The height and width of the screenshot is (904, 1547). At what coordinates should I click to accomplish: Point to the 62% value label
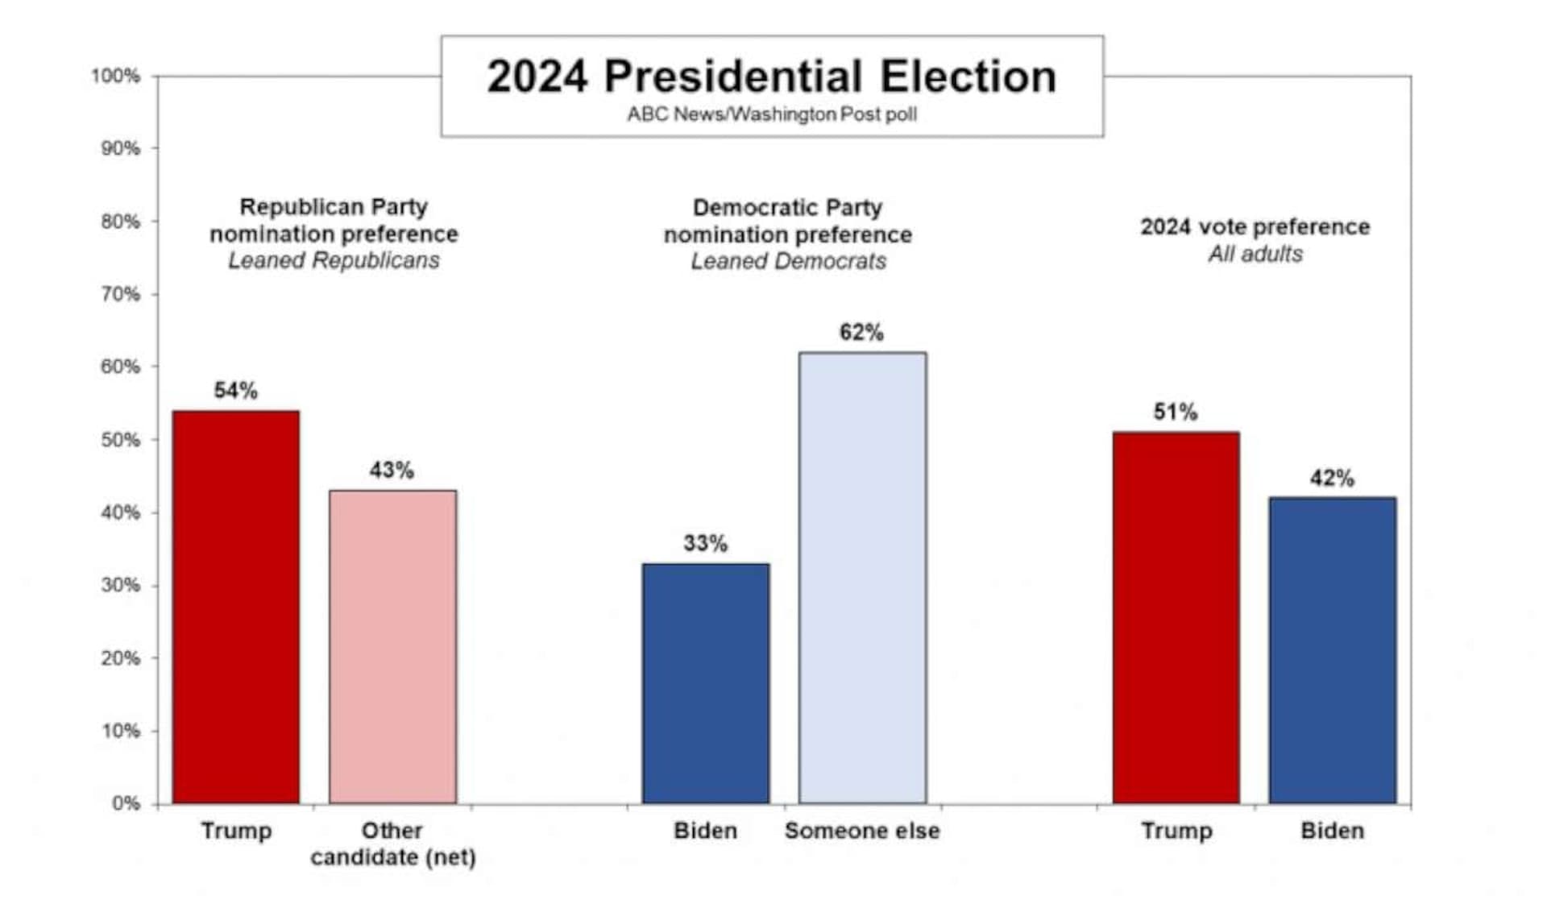pos(861,332)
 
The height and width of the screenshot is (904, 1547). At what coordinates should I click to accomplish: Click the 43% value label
pos(392,470)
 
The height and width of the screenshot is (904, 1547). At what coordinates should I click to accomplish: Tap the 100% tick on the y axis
pos(116,77)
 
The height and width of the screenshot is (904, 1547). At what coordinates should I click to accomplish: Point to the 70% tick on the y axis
pos(120,295)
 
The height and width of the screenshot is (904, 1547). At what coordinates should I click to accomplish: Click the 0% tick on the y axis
pos(126,803)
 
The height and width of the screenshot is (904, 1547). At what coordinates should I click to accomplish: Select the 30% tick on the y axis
pos(120,585)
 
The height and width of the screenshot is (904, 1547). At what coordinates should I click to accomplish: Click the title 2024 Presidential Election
pos(771,77)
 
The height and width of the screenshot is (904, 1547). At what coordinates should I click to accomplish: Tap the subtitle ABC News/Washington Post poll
pos(771,114)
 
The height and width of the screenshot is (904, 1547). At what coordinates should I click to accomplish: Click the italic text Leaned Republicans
pos(334,260)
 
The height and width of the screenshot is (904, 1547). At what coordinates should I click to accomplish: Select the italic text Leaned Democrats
pos(788,261)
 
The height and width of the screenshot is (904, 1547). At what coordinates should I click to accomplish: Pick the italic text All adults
pos(1255,254)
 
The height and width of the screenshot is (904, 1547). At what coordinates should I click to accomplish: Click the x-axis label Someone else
pos(862,831)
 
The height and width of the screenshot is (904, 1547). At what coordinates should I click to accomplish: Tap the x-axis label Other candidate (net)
pos(392,844)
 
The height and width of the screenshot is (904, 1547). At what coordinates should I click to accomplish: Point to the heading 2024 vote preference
pos(1255,227)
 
